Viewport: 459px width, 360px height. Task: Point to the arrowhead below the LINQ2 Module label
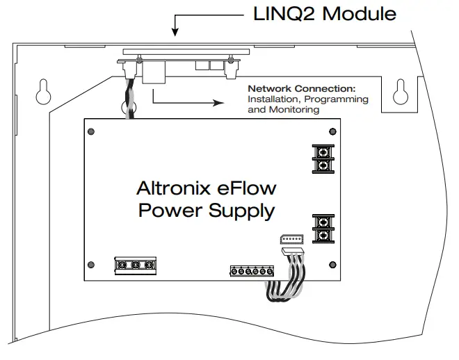[x=175, y=31]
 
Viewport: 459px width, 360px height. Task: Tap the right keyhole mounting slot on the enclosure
[x=401, y=92]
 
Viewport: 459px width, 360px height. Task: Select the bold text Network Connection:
[x=301, y=90]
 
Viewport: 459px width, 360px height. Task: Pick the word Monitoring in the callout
[x=293, y=109]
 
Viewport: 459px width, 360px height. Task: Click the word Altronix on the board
[x=168, y=188]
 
